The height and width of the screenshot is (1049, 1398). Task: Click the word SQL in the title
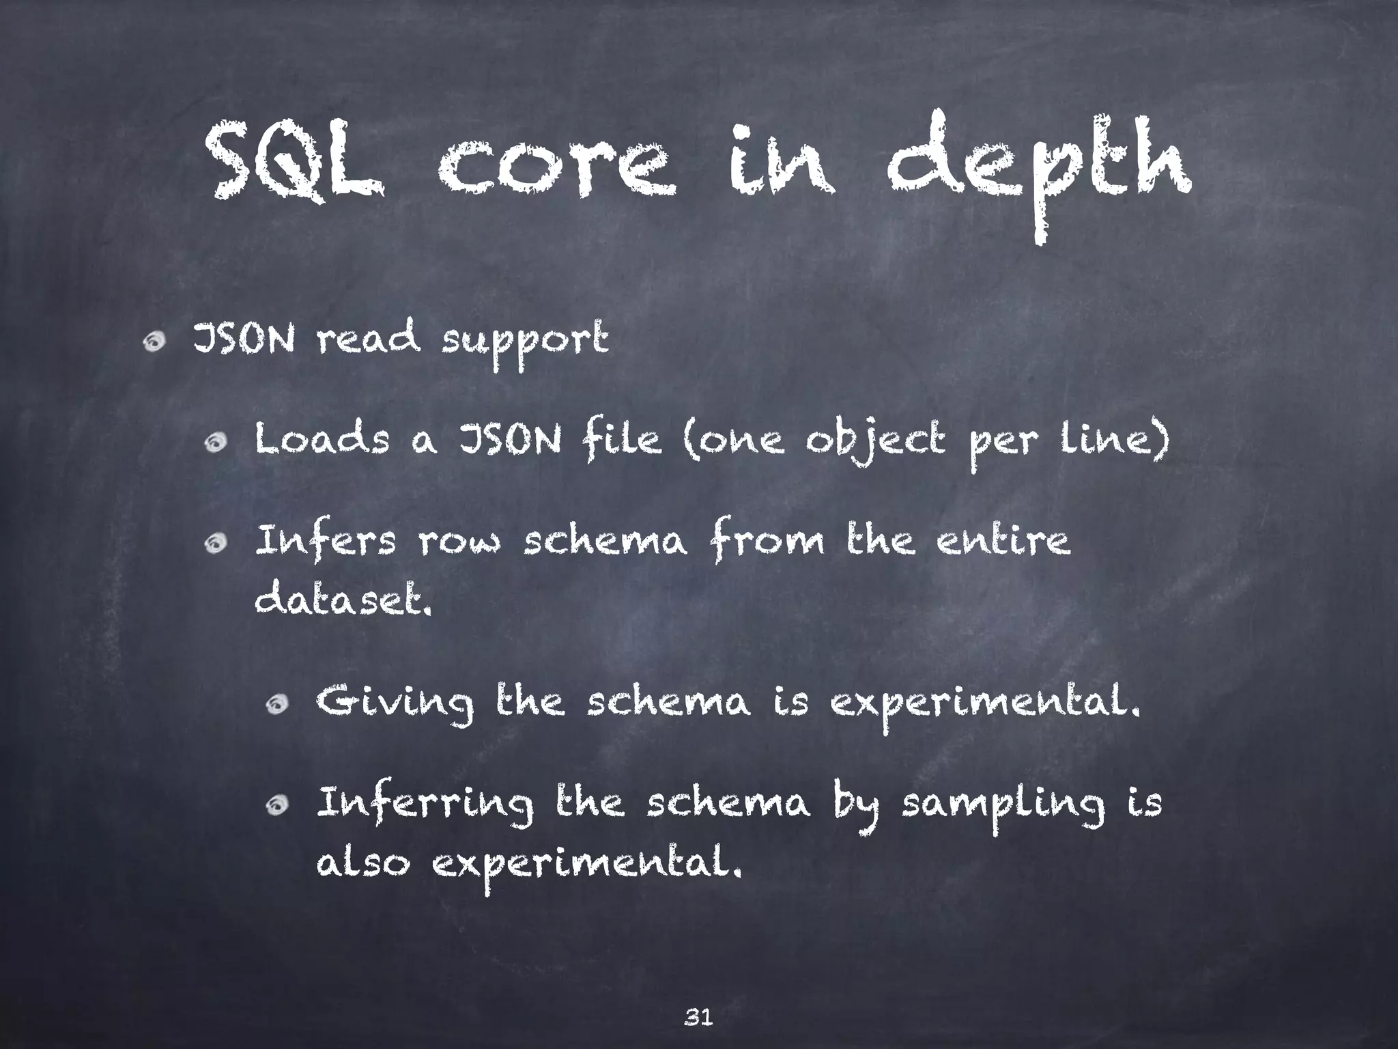(294, 165)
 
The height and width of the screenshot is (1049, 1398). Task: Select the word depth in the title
(1039, 171)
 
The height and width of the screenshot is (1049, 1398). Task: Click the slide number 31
(698, 998)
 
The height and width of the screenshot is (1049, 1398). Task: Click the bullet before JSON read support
(154, 340)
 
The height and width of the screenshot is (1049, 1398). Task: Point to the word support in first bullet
(524, 341)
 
